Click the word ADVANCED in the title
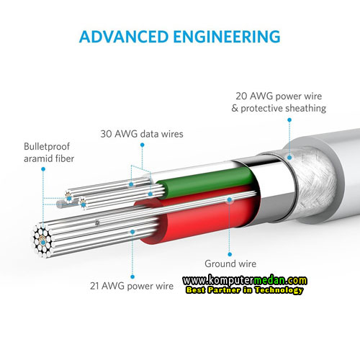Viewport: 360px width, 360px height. (124, 37)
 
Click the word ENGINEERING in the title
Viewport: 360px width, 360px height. (227, 37)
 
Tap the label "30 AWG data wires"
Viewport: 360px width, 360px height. (142, 134)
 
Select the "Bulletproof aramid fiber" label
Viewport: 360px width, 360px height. (49, 153)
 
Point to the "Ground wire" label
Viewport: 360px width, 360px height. (230, 264)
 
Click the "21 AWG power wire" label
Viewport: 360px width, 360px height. (132, 286)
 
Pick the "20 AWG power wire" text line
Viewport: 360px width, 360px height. (279, 96)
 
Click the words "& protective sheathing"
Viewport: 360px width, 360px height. (279, 108)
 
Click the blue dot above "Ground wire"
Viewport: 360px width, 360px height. (230, 254)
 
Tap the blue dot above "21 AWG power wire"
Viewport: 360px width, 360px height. (132, 276)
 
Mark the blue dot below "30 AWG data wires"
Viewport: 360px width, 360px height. (143, 145)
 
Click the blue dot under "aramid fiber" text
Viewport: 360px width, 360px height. (43, 169)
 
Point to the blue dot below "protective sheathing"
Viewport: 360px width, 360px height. (289, 120)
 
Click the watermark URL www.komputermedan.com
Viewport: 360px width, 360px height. (245, 280)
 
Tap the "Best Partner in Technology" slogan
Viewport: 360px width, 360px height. (245, 290)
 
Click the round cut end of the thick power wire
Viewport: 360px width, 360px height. (42, 240)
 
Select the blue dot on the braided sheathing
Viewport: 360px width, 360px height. (289, 158)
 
